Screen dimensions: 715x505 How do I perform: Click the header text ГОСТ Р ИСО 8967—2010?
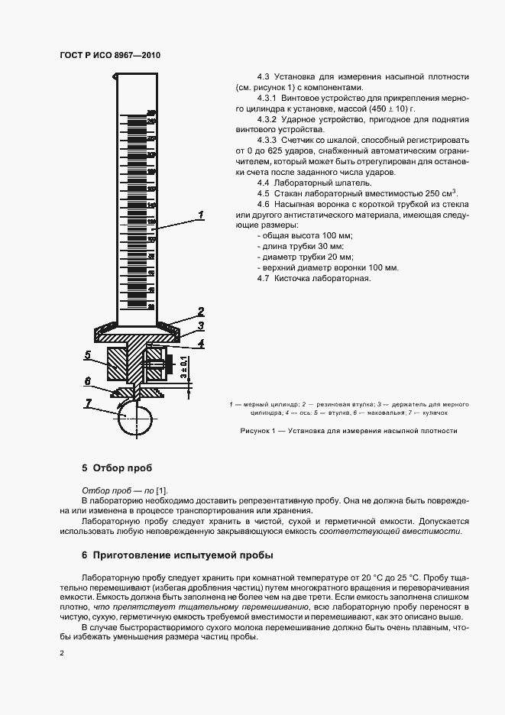click(110, 55)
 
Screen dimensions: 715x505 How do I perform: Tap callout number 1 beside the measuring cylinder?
click(200, 215)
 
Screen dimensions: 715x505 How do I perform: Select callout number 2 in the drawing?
click(200, 311)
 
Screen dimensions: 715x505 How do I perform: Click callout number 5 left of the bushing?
click(88, 355)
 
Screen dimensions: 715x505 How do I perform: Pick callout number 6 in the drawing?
click(88, 380)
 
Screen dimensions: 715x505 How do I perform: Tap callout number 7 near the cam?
click(89, 403)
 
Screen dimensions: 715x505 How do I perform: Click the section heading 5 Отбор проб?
click(117, 467)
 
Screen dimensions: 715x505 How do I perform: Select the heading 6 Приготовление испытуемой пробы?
click(177, 555)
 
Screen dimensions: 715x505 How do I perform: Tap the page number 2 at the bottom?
click(62, 653)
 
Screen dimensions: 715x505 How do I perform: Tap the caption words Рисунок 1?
click(261, 431)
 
